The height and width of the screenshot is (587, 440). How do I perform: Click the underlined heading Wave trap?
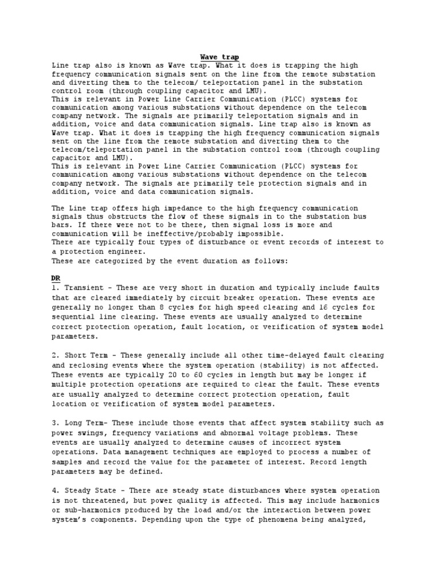pos(219,57)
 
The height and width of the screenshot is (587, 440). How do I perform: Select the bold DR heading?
pos(56,278)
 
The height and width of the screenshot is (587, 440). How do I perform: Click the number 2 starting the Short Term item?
pos(54,356)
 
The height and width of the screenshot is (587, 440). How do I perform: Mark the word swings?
pos(96,433)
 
